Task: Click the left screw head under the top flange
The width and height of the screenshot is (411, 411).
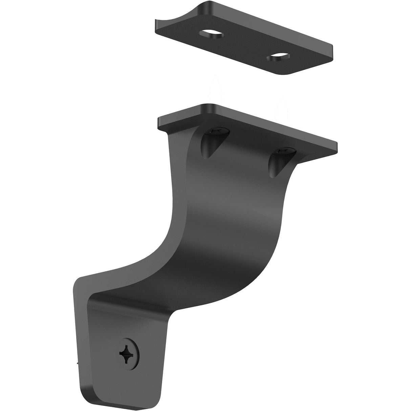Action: pyautogui.click(x=215, y=130)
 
